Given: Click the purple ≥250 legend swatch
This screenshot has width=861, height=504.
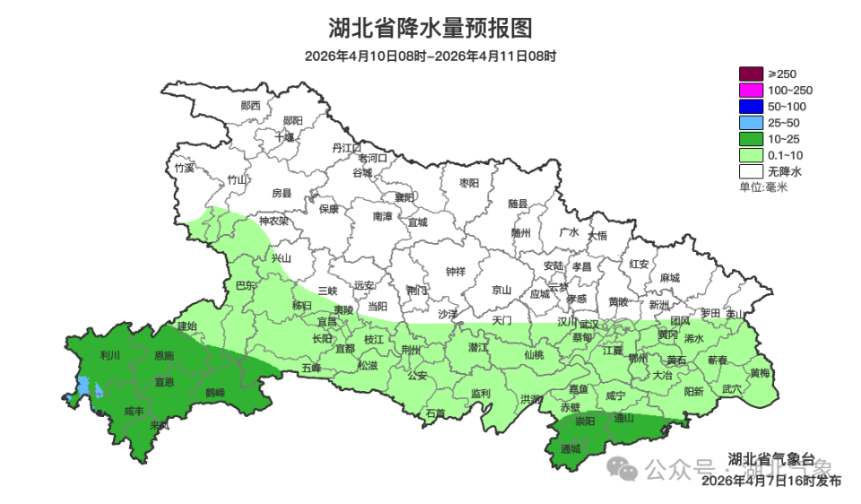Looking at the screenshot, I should coord(751,74).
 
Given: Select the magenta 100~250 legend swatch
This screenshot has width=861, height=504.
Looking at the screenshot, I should coord(751,90).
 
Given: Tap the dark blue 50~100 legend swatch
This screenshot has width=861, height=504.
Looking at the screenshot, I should coord(751,106).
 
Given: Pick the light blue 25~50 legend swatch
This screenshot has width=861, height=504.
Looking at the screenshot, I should coord(751,122).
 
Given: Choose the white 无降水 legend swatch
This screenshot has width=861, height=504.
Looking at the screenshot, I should coord(751,170).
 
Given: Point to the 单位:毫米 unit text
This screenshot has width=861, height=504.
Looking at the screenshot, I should coord(762,187).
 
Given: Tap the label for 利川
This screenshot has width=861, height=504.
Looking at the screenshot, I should coord(110,355).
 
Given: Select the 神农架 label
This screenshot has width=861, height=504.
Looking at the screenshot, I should coord(274,221).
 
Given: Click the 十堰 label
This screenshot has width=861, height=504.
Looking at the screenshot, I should coord(284,137).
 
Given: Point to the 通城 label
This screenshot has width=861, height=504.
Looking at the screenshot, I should coord(570,448).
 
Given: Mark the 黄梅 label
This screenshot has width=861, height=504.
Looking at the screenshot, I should coord(759,372).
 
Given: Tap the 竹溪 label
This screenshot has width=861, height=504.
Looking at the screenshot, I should coord(185,168).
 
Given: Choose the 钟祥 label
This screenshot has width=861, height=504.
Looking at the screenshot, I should coord(456,272).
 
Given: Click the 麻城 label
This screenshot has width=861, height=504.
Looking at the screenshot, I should coord(668,278).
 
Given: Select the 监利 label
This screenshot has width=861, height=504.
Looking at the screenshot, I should coord(480,393).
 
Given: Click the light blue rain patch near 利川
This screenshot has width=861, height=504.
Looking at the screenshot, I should coord(83,388).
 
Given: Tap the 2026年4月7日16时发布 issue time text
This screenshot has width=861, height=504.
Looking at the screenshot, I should coord(770,481).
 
